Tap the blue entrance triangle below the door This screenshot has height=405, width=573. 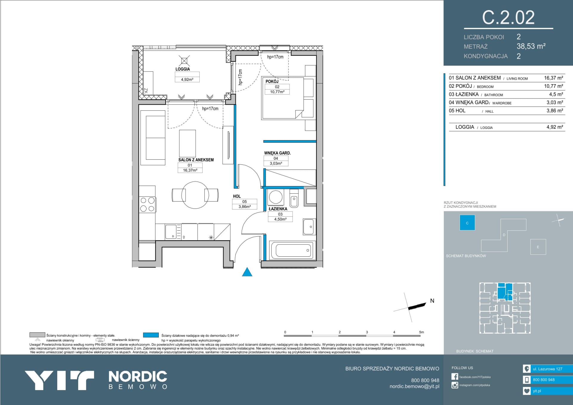(247, 272)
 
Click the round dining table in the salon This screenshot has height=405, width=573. (195, 195)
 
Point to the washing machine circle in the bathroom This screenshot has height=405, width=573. (276, 197)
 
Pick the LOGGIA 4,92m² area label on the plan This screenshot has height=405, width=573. (187, 75)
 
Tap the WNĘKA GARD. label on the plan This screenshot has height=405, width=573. (277, 153)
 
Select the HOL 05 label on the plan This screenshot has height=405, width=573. (244, 201)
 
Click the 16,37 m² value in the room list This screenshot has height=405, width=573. (553, 78)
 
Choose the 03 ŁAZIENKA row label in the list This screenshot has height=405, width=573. (463, 94)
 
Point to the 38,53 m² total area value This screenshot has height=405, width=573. (531, 46)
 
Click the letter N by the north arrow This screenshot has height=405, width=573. (432, 301)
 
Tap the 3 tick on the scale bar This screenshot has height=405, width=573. (367, 332)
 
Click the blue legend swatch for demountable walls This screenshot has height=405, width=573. (151, 335)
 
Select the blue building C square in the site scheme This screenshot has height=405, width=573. (467, 223)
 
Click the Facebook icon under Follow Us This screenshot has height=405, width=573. (455, 377)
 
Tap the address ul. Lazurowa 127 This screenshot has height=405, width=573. (547, 369)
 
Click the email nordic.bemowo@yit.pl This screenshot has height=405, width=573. (414, 386)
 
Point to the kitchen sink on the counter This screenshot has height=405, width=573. (171, 231)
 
